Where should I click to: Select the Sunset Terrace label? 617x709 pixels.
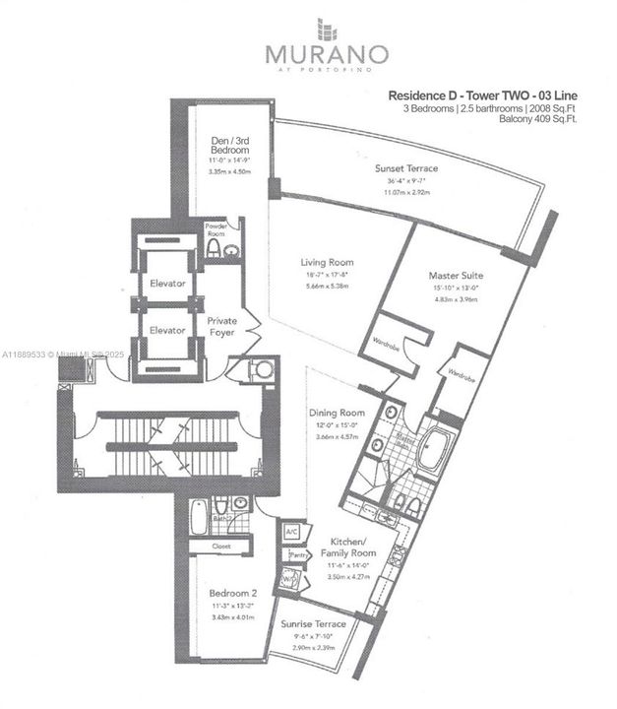coord(405,168)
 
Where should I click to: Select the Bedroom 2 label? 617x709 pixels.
coord(231,594)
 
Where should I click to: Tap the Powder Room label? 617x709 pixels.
coord(216,228)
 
